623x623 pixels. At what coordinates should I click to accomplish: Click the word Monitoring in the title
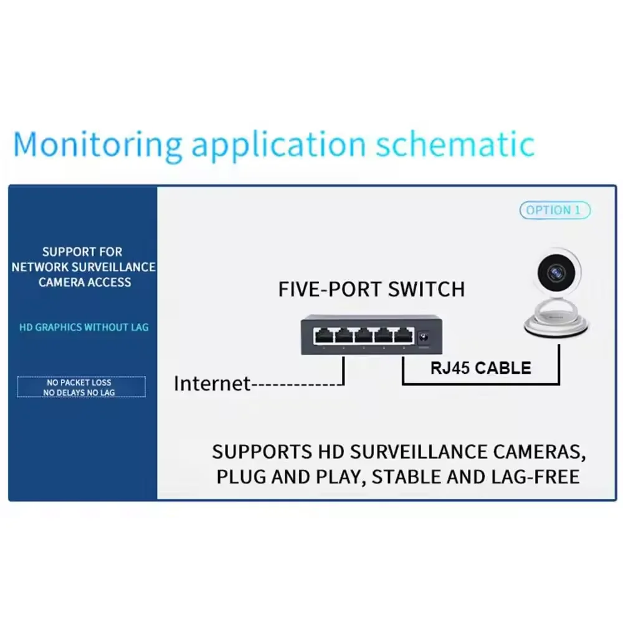[97, 145]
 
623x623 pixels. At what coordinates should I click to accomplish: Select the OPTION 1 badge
[554, 211]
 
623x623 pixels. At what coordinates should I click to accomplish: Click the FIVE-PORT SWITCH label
[371, 290]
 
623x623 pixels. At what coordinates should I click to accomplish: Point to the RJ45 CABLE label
[480, 368]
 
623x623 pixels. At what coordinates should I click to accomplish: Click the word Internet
[212, 384]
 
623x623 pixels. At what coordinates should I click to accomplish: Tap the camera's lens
[556, 272]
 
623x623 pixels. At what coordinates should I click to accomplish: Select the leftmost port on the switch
[323, 336]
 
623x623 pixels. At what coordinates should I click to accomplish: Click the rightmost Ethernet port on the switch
[402, 336]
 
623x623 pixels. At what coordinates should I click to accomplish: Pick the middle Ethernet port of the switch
[363, 336]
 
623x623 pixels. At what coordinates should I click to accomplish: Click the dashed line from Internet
[296, 385]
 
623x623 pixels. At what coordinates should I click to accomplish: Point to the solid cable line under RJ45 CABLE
[480, 383]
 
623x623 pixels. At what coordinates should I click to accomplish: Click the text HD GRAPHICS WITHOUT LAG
[83, 327]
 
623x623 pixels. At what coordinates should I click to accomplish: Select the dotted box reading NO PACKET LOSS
[81, 387]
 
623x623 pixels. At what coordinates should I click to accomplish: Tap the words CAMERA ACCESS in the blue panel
[85, 282]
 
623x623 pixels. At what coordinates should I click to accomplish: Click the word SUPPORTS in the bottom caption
[260, 452]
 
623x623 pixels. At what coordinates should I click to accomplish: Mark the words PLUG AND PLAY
[290, 477]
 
